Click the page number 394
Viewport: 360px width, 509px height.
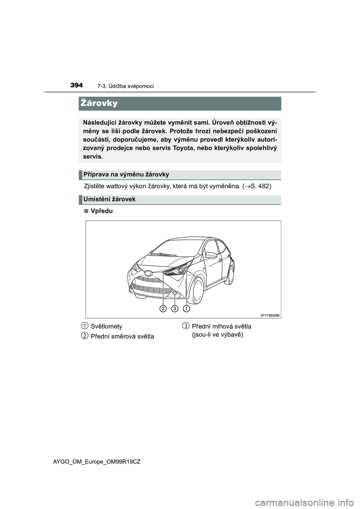76,85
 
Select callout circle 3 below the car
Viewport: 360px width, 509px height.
175,308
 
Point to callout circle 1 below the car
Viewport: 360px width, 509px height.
186,308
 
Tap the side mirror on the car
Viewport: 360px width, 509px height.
212,255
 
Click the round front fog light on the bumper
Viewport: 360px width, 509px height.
175,292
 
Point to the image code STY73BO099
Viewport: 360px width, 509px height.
270,315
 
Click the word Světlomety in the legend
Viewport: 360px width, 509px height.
106,326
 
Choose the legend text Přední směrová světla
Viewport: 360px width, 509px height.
122,337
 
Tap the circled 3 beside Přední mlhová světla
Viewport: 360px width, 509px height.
186,325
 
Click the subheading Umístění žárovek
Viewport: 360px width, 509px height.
109,199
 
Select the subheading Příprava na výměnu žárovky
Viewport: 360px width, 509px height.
126,174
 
